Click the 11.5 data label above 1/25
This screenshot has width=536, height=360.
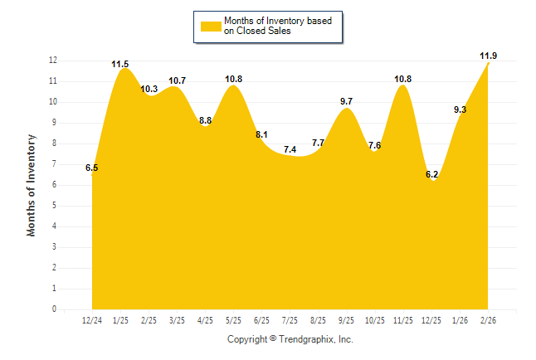(x=120, y=64)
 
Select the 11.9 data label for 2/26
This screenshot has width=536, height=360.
(x=489, y=56)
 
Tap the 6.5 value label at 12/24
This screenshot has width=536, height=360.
(x=91, y=168)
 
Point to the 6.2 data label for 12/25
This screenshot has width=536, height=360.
(x=431, y=174)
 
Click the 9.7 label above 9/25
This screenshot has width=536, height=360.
(x=347, y=101)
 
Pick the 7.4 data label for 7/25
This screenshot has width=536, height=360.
(x=290, y=149)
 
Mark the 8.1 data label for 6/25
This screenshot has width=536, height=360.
(x=261, y=134)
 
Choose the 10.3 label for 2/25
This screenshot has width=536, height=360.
(x=149, y=89)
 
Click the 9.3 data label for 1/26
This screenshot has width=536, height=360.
(x=460, y=109)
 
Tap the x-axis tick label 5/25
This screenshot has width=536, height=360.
(x=233, y=319)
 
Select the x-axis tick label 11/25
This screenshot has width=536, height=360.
(x=403, y=319)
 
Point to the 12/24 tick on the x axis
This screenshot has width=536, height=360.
(x=91, y=319)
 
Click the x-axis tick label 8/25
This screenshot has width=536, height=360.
(x=318, y=319)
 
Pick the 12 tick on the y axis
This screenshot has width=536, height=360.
(x=52, y=61)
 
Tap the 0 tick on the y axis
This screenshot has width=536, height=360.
(x=55, y=309)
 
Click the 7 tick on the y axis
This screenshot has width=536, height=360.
(x=55, y=164)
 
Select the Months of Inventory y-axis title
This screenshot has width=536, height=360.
(x=32, y=185)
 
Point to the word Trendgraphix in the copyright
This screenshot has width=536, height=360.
(x=305, y=339)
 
